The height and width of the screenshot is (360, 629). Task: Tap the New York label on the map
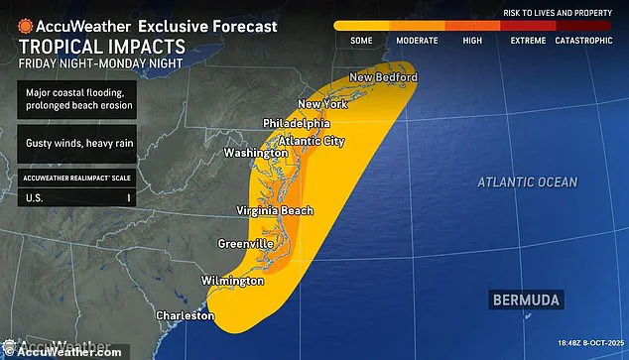click(323, 104)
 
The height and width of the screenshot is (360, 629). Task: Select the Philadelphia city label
click(297, 123)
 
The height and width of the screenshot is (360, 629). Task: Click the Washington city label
click(256, 155)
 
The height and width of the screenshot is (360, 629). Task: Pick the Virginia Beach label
click(275, 210)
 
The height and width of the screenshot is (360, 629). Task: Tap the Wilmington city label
click(233, 281)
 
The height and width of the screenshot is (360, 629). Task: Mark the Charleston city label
click(184, 315)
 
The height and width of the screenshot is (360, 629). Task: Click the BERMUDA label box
click(525, 299)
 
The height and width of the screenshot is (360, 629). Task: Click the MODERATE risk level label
click(417, 41)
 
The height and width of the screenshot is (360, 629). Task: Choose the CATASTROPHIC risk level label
click(585, 41)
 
